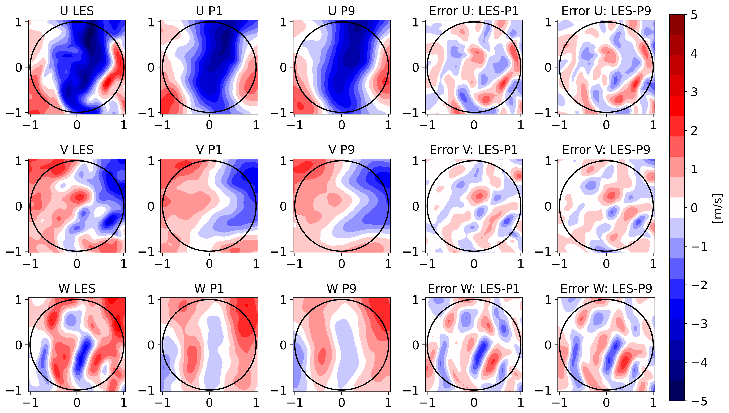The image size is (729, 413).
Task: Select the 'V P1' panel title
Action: click(x=209, y=150)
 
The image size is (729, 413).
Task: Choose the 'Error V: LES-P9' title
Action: click(x=606, y=150)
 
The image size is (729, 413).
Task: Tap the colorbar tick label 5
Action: click(x=694, y=15)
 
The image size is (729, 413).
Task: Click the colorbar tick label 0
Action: click(x=694, y=208)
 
